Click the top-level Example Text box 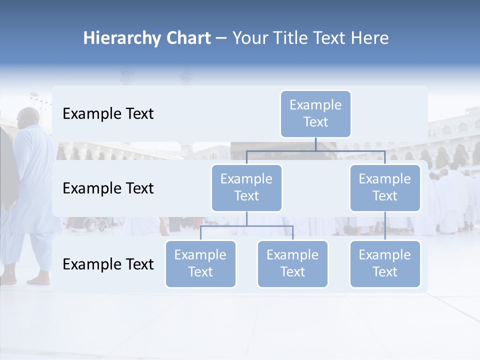[x=315, y=113]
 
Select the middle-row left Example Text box [x=246, y=187]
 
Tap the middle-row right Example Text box [x=385, y=187]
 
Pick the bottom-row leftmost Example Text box [x=200, y=263]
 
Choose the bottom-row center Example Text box [x=292, y=263]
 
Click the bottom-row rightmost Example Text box [x=385, y=263]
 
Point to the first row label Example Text [x=108, y=114]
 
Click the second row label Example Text [x=108, y=188]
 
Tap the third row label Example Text [x=108, y=264]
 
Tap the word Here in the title [x=370, y=38]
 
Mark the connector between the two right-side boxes [x=385, y=226]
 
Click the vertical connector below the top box [x=315, y=144]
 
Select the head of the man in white [x=28, y=118]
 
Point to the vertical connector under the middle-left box [x=246, y=218]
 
